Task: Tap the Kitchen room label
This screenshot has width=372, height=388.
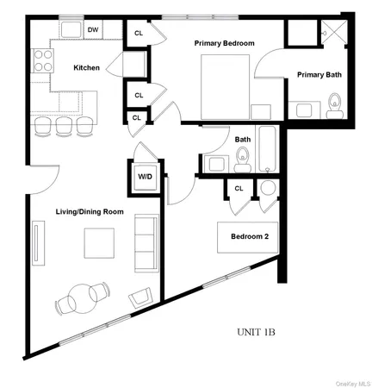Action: [x=87, y=67]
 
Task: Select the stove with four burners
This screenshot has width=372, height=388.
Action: [x=41, y=59]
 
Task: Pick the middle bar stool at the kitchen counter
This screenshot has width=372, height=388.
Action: [x=63, y=125]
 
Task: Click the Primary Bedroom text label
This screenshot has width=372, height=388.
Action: [x=225, y=42]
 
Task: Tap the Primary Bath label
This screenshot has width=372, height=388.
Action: [x=319, y=75]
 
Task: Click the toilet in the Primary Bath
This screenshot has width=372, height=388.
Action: [x=335, y=106]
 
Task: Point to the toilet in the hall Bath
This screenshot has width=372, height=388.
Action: [x=243, y=157]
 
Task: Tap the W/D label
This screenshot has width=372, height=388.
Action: [x=146, y=177]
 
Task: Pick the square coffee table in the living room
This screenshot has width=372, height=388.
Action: [x=97, y=244]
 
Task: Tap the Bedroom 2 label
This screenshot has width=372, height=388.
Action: [x=249, y=237]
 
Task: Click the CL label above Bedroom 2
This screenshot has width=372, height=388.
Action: [x=239, y=188]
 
